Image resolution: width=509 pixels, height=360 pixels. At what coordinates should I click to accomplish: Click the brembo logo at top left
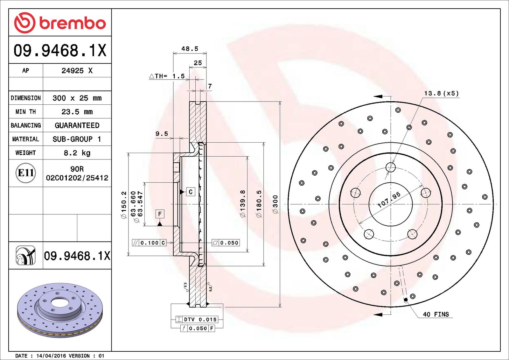click(60, 23)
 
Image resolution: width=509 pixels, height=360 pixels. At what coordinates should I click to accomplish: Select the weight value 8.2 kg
click(77, 153)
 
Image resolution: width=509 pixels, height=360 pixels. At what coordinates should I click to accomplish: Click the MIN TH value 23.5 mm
click(77, 112)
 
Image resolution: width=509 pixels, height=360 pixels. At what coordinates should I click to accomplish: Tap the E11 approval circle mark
click(26, 173)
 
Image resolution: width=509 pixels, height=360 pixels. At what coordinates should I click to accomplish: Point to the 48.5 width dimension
click(190, 49)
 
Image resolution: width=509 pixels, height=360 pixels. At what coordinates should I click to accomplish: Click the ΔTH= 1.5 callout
click(167, 76)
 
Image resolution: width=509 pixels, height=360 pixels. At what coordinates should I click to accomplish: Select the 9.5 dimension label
click(162, 134)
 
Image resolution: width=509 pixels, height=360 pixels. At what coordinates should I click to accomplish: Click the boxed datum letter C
click(191, 192)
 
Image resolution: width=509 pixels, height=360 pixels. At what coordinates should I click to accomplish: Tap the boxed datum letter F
click(160, 214)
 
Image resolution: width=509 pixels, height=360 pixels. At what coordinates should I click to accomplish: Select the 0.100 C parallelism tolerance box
click(149, 243)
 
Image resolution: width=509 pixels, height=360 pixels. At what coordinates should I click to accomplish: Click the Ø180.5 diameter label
click(259, 204)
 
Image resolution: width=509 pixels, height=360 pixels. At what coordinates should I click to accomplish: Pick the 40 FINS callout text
click(436, 314)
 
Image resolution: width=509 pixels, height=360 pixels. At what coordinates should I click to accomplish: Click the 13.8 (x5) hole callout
click(441, 93)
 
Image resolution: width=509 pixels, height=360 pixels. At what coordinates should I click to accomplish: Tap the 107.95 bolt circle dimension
click(389, 200)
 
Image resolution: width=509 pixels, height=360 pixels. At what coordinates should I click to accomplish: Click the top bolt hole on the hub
click(390, 167)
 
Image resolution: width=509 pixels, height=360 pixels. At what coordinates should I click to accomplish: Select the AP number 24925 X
click(77, 71)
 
